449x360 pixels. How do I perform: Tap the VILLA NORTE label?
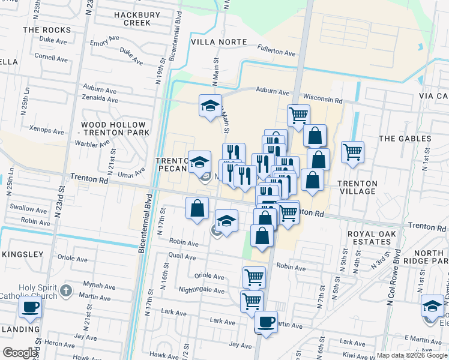point(218,42)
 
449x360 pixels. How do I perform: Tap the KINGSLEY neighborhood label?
point(23,254)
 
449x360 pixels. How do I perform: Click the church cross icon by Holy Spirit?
point(66,292)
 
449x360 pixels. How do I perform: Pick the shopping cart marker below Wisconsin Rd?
point(298,115)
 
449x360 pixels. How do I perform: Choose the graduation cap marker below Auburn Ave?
point(210,106)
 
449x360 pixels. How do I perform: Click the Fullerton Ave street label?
point(277,53)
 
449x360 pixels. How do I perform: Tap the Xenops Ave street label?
point(46,131)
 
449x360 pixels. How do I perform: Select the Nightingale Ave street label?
point(201,290)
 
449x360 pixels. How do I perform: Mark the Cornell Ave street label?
point(51,59)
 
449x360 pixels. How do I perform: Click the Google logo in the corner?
point(20,353)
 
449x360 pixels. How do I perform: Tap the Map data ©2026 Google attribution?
point(412,355)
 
